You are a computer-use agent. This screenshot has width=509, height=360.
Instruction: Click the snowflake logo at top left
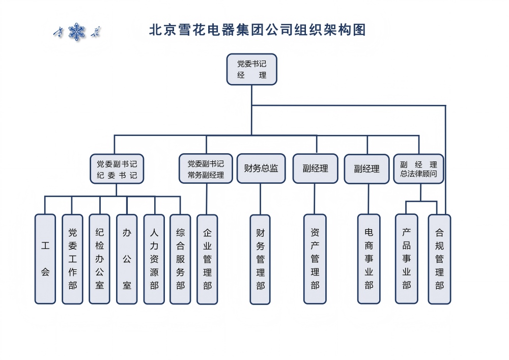[x=77, y=32]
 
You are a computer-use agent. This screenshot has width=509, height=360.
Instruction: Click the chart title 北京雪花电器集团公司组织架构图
[x=257, y=30]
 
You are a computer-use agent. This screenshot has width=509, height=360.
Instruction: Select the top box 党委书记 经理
[x=251, y=69]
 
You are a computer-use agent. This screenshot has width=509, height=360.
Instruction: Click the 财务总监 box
[x=261, y=169]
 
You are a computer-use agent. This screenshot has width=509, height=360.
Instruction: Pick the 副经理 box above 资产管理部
[x=315, y=169]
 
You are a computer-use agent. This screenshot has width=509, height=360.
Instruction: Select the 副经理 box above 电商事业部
[x=367, y=169]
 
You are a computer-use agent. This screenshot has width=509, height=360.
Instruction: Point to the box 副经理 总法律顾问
[x=418, y=169]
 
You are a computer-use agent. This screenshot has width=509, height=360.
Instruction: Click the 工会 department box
[x=45, y=259]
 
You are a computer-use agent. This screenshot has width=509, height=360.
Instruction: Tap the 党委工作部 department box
[x=72, y=259]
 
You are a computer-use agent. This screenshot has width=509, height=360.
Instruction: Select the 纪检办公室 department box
[x=99, y=259]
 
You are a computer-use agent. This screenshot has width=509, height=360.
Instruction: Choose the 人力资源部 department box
[x=154, y=259]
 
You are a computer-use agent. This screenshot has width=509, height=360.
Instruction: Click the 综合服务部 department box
[x=180, y=259]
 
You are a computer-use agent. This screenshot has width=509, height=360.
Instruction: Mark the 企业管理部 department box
[x=207, y=259]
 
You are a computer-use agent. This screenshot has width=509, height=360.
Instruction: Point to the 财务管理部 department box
[x=260, y=259]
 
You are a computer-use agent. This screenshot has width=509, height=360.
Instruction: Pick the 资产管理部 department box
[x=315, y=259]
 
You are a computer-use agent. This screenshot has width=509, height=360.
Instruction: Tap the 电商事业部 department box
[x=369, y=259]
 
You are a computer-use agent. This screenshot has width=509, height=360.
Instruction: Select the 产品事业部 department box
[x=406, y=259]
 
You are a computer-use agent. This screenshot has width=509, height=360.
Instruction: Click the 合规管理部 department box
[x=439, y=259]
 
